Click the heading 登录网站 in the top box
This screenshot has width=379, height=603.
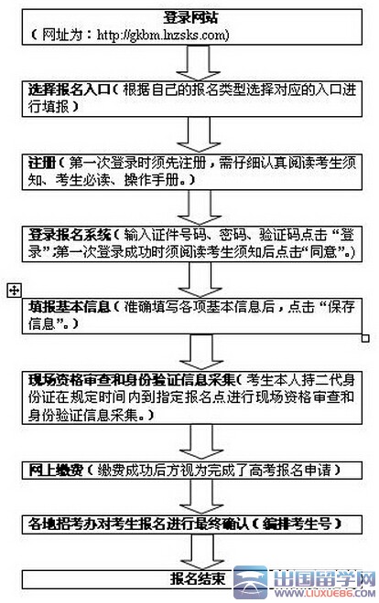190,17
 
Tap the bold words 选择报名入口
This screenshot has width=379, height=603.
69,90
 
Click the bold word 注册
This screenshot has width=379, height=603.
42,163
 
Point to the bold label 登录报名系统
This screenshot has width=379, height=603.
70,235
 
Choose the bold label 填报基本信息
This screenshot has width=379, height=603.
70,307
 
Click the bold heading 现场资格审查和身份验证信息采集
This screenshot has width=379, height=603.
132,380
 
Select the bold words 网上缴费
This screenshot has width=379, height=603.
56,470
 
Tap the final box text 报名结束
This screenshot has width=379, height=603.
198,578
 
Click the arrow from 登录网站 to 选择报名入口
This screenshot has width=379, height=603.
199,63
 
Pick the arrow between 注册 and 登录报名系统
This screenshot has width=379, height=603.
200,207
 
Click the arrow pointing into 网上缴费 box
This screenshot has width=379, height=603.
200,441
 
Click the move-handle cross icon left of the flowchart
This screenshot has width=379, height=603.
15,291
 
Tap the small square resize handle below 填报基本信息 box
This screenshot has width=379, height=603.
365,338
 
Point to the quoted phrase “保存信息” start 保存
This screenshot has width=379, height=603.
341,307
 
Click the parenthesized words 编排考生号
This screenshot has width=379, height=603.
297,524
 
